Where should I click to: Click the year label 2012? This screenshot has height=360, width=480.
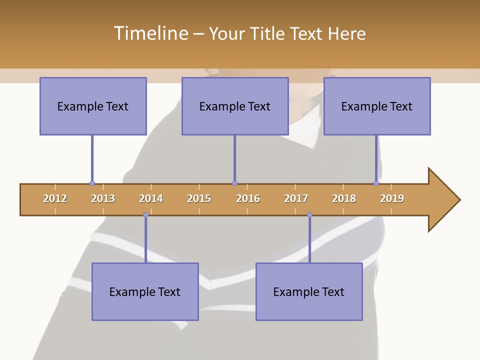(55, 198)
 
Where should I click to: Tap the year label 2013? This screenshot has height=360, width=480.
(103, 198)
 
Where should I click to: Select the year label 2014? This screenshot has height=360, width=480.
(151, 198)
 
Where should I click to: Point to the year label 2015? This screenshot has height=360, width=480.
(199, 198)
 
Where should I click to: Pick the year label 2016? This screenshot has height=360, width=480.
(248, 198)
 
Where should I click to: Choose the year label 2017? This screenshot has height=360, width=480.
(296, 198)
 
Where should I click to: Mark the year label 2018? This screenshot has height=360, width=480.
(344, 198)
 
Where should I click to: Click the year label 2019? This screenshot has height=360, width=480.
(392, 198)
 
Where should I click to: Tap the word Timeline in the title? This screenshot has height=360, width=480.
(150, 33)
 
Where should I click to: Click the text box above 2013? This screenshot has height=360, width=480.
(93, 106)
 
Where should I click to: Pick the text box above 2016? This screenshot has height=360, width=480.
(235, 106)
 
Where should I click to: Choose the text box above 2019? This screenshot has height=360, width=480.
(377, 106)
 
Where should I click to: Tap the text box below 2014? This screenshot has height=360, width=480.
(145, 291)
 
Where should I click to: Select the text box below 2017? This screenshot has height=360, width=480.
(309, 291)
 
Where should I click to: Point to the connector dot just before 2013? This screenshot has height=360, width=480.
(92, 183)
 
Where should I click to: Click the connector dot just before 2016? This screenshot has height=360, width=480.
(234, 183)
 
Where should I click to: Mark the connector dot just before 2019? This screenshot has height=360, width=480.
(376, 183)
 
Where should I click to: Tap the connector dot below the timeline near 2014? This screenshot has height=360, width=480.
(145, 215)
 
